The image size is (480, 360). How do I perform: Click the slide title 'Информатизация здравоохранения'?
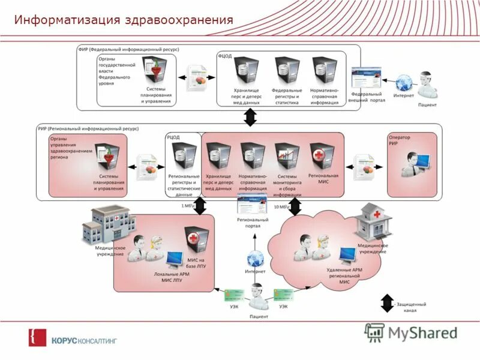[x=124, y=20]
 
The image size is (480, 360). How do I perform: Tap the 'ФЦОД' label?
[x=226, y=56]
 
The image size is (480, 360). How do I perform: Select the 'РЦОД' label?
[x=173, y=137]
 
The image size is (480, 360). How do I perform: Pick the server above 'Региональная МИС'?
[x=323, y=157]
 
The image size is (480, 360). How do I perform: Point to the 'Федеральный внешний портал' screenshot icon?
[x=367, y=79]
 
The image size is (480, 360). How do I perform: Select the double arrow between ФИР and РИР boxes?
[x=250, y=117]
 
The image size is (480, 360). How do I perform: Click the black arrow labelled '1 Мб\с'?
[x=200, y=206]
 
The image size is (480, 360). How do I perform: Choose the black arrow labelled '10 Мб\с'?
[x=295, y=206]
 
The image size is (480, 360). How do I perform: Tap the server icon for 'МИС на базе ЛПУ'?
[x=196, y=241]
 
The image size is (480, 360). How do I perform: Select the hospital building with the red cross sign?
[x=373, y=221]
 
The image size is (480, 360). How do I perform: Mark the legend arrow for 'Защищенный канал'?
[x=387, y=302]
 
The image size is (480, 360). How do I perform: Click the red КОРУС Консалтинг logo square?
[x=37, y=338]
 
